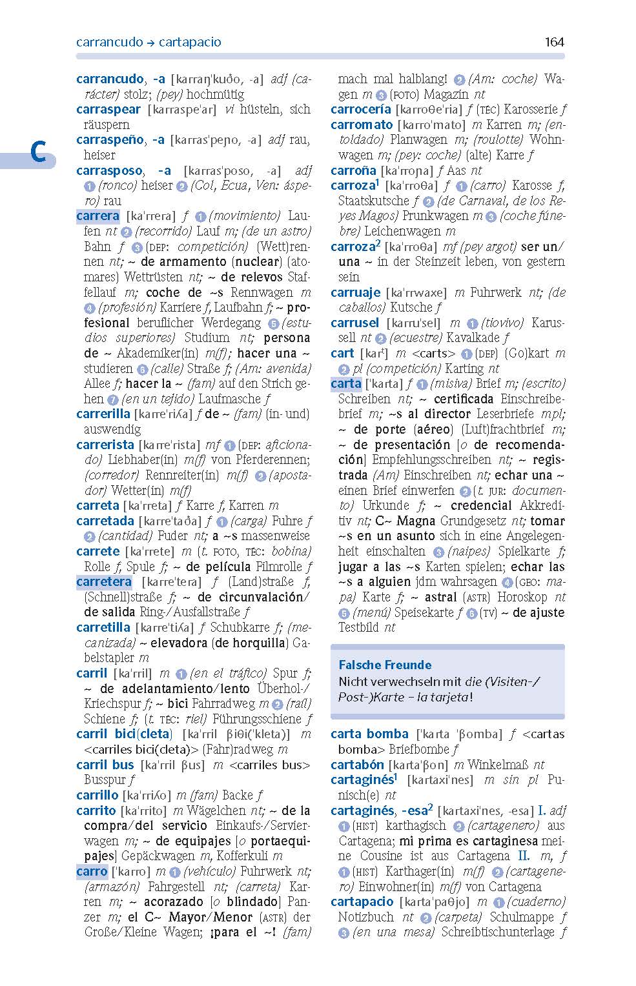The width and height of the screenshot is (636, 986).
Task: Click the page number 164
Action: tap(554, 42)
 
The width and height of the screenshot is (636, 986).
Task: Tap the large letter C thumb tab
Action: tap(37, 154)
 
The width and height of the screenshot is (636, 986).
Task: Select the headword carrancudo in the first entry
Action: tap(110, 79)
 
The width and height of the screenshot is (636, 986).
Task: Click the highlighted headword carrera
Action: tap(97, 216)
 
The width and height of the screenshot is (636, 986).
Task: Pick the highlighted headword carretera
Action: tap(104, 582)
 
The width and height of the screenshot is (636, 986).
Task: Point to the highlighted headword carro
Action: tap(92, 872)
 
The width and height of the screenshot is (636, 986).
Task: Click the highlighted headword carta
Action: tap(345, 384)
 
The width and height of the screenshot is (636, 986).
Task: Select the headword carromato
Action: tap(362, 125)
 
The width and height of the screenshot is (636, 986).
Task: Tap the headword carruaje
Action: tap(355, 292)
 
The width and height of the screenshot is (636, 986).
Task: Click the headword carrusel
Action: tap(354, 323)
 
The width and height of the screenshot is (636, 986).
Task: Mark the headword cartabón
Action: tap(357, 765)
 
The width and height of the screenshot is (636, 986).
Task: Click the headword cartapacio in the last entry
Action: tap(362, 902)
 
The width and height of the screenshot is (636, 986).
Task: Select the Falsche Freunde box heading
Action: tap(385, 665)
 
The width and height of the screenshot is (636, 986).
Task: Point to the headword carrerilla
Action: tap(103, 414)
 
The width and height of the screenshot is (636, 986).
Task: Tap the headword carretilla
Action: tap(103, 628)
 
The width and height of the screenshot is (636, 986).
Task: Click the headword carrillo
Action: tap(97, 795)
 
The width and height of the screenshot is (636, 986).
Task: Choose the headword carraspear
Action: tap(108, 110)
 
